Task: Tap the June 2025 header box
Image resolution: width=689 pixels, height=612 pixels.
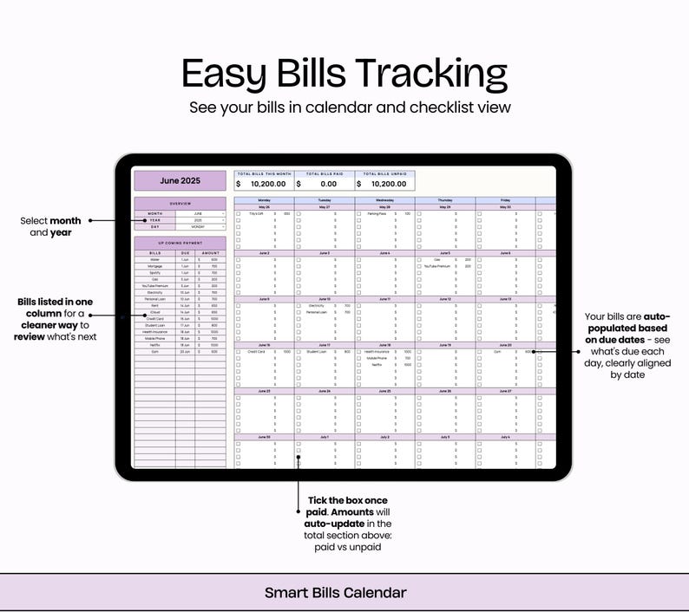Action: [180, 181]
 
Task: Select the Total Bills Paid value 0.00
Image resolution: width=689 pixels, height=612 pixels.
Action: [329, 184]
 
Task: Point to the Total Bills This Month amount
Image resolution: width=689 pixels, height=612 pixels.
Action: [267, 184]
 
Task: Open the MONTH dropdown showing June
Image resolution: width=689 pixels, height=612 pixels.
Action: [200, 213]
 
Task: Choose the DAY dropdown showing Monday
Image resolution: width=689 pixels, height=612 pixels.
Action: [200, 227]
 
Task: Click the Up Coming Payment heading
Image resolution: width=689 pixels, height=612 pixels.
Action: [180, 243]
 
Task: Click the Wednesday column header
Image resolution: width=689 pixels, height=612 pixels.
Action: [384, 200]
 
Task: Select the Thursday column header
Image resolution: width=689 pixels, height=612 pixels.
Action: [444, 200]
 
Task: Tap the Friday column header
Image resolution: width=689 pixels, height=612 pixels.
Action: [505, 200]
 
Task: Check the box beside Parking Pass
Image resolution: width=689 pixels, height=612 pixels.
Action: [359, 213]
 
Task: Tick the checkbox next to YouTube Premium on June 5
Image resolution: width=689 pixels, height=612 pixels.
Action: [420, 266]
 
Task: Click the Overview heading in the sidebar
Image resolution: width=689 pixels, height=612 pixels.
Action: [180, 205]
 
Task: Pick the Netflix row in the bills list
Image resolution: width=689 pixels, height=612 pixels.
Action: [154, 345]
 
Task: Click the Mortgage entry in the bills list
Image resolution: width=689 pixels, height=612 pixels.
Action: [154, 266]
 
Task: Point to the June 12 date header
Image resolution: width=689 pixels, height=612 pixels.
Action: [444, 299]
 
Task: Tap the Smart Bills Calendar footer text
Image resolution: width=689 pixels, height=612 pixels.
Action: [336, 593]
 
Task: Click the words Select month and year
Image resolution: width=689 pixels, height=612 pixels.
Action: [50, 226]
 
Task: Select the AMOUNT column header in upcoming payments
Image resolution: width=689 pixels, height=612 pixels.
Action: [209, 253]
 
